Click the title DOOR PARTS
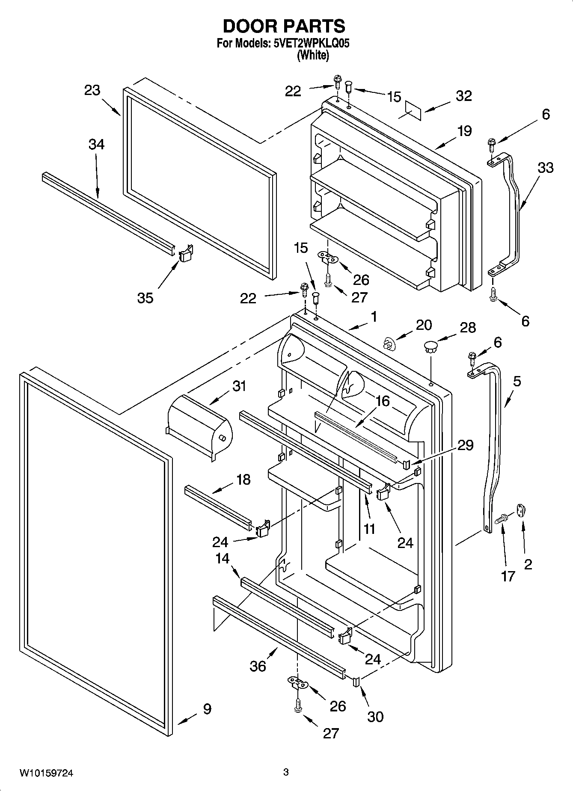click(284, 27)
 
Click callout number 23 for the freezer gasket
click(92, 90)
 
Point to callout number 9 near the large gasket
click(207, 709)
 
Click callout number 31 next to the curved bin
click(239, 386)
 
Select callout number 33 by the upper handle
click(546, 167)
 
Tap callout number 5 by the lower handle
click(517, 381)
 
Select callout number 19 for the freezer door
click(464, 130)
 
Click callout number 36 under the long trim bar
click(258, 666)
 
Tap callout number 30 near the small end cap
click(375, 717)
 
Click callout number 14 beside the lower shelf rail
click(223, 558)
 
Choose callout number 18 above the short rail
click(243, 480)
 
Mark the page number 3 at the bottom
click(286, 772)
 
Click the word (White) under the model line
click(313, 55)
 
